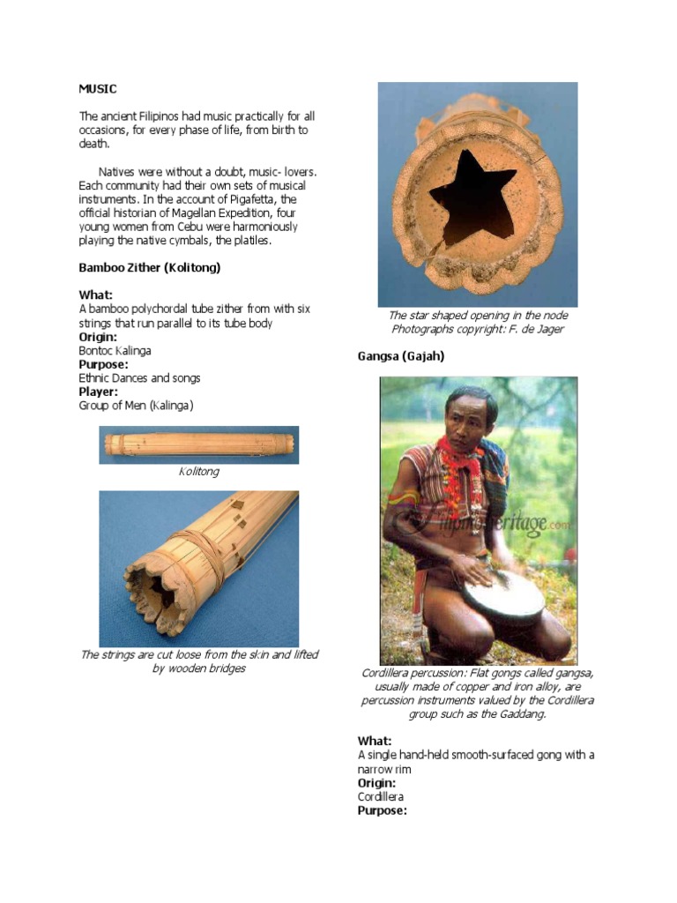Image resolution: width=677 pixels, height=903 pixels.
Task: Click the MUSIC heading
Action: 97,89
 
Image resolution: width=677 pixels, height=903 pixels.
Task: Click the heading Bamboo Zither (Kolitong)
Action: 149,267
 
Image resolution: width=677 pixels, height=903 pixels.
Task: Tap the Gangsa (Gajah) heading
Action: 400,356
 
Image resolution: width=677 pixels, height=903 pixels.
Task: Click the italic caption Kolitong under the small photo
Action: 198,472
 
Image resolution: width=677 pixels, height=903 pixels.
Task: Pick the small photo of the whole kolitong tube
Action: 198,444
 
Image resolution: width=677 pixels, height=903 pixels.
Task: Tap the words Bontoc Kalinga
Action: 115,350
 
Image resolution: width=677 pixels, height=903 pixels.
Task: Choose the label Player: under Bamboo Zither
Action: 99,392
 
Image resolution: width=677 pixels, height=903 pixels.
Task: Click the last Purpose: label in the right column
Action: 382,810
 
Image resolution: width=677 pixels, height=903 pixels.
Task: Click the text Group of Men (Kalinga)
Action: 136,406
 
